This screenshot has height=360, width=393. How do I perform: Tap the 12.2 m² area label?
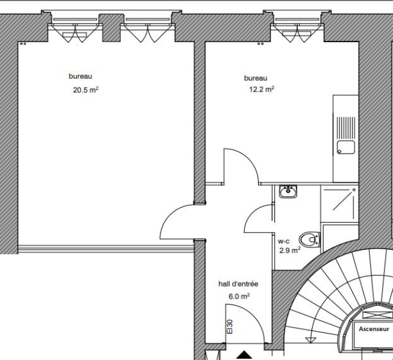pyautogui.click(x=262, y=89)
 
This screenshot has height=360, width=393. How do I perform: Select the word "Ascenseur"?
pyautogui.click(x=374, y=329)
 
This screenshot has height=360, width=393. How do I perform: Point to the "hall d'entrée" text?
pyautogui.click(x=234, y=284)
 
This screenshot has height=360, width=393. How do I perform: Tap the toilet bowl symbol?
pyautogui.click(x=310, y=240)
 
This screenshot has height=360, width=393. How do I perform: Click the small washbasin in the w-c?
pyautogui.click(x=288, y=192)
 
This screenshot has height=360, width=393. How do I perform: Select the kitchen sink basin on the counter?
pyautogui.click(x=346, y=146)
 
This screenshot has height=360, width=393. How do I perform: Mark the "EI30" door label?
pyautogui.click(x=230, y=327)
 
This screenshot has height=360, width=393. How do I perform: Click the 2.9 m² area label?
pyautogui.click(x=290, y=250)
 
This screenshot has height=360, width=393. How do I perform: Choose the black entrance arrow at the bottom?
pyautogui.click(x=244, y=355)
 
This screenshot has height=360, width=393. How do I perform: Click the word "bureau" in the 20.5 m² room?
pyautogui.click(x=80, y=77)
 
